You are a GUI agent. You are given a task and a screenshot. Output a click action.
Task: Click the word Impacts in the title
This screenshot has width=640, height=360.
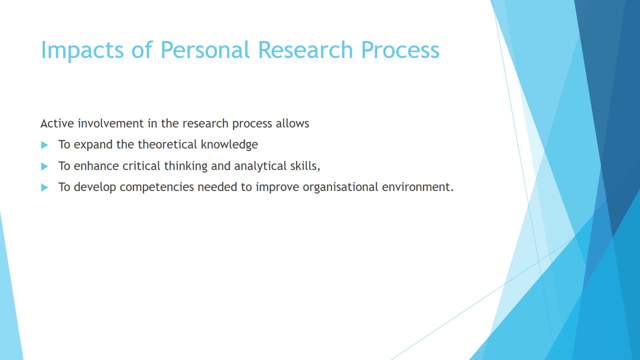82,50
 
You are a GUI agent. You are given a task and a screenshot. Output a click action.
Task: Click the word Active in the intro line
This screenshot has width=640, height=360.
57,123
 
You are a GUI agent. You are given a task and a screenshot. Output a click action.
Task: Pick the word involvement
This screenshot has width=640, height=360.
111,123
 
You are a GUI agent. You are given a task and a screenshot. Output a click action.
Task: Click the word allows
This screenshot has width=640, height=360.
292,123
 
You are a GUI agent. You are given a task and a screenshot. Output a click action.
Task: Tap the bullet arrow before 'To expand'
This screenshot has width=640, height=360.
44,145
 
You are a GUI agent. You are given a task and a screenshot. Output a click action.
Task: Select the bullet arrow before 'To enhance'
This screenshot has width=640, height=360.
44,166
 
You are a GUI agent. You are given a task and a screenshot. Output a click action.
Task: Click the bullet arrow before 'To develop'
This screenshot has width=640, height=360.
44,187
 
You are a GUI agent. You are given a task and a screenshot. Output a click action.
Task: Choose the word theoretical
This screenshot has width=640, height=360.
167,144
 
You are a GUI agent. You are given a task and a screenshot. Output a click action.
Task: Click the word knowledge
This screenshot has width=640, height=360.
229,145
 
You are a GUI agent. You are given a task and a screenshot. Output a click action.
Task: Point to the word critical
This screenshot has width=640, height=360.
141,165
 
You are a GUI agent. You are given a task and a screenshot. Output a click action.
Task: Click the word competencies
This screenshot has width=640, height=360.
157,187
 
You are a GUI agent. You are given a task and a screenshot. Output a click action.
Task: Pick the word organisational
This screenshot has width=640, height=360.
340,187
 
